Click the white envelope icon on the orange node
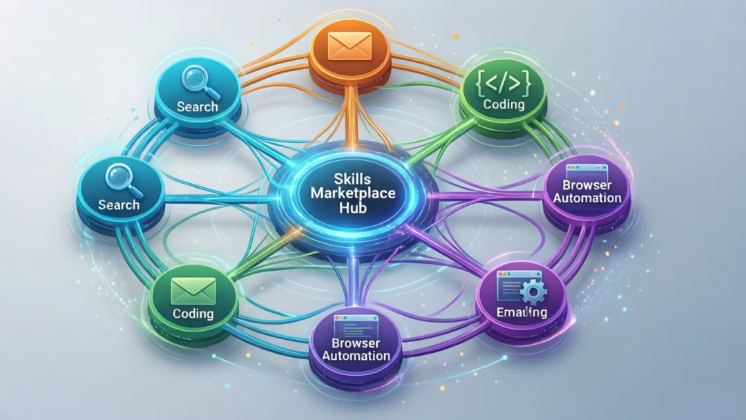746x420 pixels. pos(352,47)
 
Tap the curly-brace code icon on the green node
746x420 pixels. pos(504,83)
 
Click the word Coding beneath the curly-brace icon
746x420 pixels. pos(504,104)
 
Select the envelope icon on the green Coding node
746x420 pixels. pos(193,290)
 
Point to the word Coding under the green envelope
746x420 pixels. pos(193,313)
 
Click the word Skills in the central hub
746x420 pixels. pos(352,179)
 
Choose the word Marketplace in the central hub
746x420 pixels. pos(352,193)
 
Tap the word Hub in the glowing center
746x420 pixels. pos(352,207)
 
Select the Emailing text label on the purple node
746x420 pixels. pos(522,313)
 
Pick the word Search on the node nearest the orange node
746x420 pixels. pos(198,107)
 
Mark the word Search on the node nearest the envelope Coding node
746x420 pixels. pos(119,204)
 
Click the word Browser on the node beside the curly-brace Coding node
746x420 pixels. pos(586,184)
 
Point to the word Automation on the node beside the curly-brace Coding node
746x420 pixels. pos(586,198)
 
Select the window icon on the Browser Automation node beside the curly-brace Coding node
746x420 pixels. pos(582,169)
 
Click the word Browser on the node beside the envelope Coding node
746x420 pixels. pos(356,343)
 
